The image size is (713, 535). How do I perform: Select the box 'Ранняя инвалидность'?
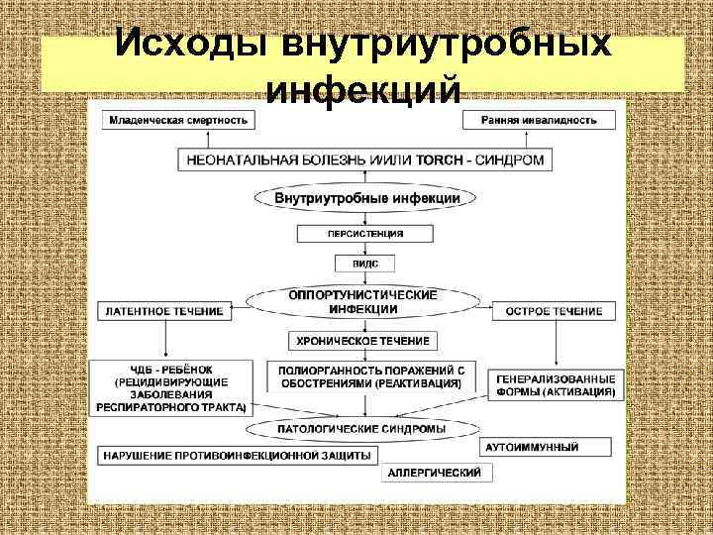click(x=539, y=120)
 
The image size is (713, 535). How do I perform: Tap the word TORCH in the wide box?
click(x=438, y=160)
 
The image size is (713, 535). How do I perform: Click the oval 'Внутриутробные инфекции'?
click(x=365, y=198)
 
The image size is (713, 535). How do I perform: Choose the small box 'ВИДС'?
click(x=364, y=265)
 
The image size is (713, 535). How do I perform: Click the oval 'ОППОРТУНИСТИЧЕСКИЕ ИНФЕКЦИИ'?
click(x=362, y=301)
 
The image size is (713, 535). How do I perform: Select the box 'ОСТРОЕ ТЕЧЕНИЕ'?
click(x=554, y=311)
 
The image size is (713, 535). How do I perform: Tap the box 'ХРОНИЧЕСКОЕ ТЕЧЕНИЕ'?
click(x=363, y=341)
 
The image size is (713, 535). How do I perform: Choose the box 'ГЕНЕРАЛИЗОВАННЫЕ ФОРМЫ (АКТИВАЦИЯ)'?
click(x=556, y=385)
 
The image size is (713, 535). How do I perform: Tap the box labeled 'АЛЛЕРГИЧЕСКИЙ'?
click(x=435, y=473)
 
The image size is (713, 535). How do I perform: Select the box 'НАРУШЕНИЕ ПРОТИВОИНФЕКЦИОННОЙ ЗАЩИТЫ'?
click(x=237, y=455)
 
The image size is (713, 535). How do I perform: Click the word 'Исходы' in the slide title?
click(x=193, y=45)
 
